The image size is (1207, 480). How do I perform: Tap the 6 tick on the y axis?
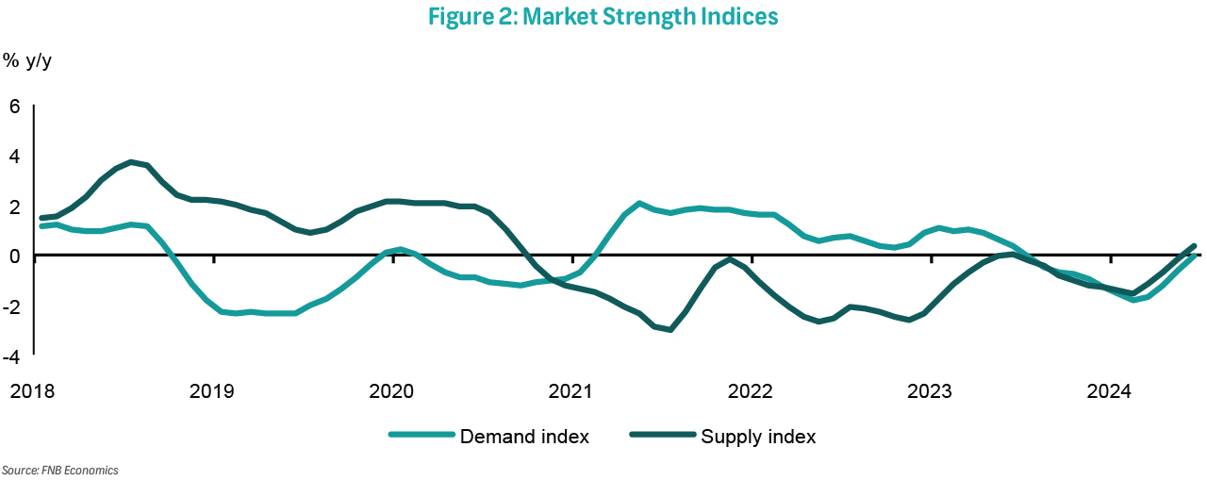coord(14,107)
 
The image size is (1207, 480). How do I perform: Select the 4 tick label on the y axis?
coord(14,157)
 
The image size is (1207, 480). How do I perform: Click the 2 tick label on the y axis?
coord(14,207)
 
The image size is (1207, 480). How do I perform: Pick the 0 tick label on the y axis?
coord(14,257)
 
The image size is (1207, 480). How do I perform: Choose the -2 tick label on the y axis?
coord(11,306)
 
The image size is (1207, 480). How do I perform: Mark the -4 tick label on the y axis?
coord(11,356)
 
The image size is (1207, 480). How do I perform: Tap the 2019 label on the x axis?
coord(213,390)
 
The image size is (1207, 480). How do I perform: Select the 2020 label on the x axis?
coord(392,390)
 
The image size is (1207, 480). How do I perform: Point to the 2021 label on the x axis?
coord(571,390)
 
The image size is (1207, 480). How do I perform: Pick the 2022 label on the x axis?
coord(752,390)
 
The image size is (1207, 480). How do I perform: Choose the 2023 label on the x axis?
coord(931,390)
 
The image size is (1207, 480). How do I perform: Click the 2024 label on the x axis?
coord(1110,390)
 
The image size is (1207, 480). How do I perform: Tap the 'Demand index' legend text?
coord(524,437)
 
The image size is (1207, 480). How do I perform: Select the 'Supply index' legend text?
coord(758,437)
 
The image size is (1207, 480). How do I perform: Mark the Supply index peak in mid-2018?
coord(132,162)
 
